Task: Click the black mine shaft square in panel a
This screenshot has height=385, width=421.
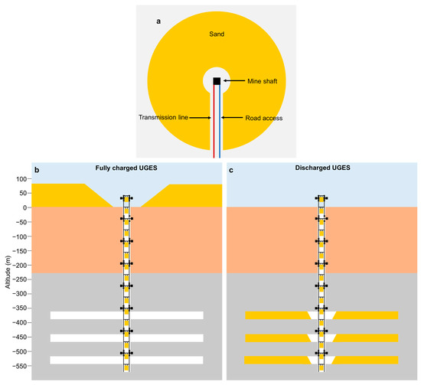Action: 217,81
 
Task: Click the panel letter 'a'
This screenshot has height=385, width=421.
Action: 159,21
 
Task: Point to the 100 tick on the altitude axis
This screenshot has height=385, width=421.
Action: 19,178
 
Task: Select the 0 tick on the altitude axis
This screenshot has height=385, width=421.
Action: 23,207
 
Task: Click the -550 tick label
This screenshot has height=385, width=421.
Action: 17,365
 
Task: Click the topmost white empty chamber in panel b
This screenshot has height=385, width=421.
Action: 84,315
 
